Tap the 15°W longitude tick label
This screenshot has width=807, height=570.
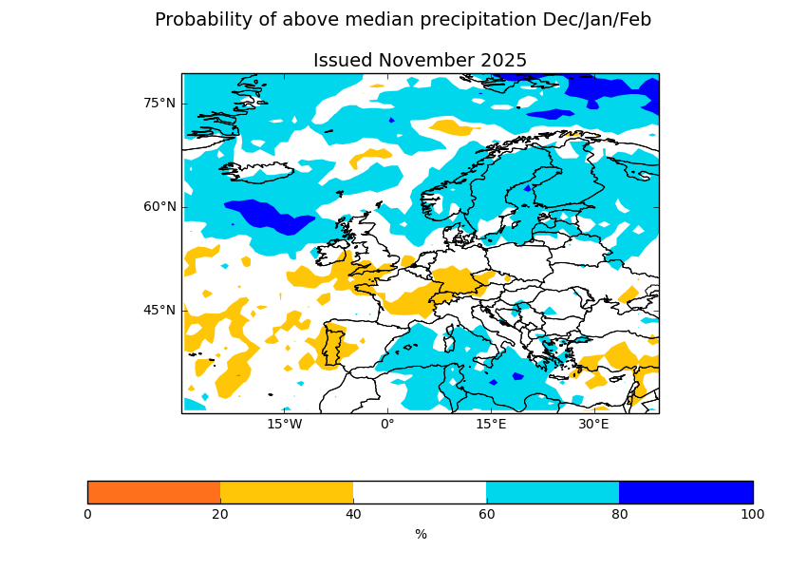click(284, 425)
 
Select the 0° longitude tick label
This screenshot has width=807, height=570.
click(387, 425)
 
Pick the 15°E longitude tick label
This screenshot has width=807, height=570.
click(491, 425)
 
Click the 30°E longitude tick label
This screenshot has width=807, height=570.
click(593, 425)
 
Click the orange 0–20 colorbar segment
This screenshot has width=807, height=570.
click(154, 492)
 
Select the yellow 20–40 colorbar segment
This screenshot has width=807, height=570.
click(287, 492)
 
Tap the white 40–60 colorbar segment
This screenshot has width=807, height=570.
click(420, 492)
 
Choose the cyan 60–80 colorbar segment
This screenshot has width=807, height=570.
click(553, 492)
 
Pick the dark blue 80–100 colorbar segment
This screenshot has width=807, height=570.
click(685, 492)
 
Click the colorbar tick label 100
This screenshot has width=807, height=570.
click(752, 515)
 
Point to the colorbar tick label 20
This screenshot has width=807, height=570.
click(220, 515)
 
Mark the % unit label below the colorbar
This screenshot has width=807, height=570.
click(421, 535)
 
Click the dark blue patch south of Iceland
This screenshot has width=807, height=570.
click(271, 218)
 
